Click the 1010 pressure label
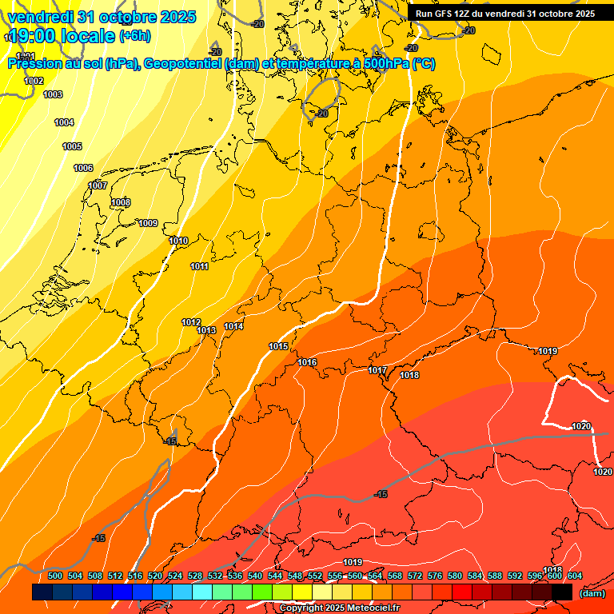pyautogui.click(x=178, y=241)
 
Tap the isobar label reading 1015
pyautogui.click(x=278, y=346)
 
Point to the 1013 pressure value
pyautogui.click(x=206, y=330)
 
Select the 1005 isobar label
pyautogui.click(x=72, y=146)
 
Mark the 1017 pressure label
pyautogui.click(x=377, y=370)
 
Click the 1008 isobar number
pyautogui.click(x=121, y=202)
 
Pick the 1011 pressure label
pyautogui.click(x=199, y=266)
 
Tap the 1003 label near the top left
pyautogui.click(x=53, y=94)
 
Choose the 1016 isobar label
pyautogui.click(x=307, y=362)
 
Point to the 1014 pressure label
pyautogui.click(x=233, y=326)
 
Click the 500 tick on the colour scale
pyautogui.click(x=55, y=576)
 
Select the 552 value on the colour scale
pyautogui.click(x=315, y=576)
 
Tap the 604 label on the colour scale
pyautogui.click(x=575, y=576)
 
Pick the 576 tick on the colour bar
pyautogui.click(x=435, y=576)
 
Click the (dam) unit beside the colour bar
pyautogui.click(x=592, y=592)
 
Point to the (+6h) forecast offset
pyautogui.click(x=134, y=36)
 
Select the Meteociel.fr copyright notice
pyautogui.click(x=340, y=608)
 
